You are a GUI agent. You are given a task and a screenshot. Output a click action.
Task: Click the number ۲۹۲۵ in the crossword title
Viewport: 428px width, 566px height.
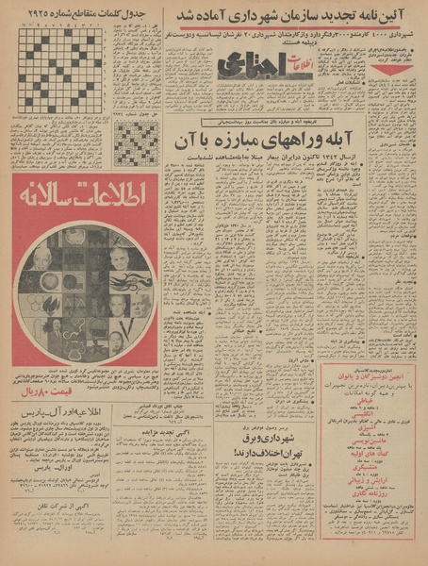coord(35,16)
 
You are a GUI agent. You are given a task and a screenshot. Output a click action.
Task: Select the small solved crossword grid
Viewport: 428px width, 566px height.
coord(136,143)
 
